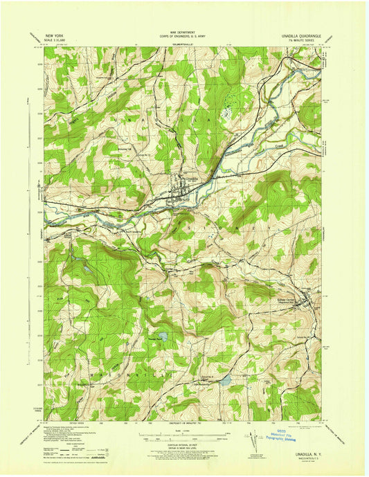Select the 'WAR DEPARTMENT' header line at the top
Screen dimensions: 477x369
[x=184, y=29]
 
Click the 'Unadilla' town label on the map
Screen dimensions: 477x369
[x=191, y=177]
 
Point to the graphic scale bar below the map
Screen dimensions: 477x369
[x=184, y=435]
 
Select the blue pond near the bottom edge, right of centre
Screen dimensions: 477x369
[x=224, y=379]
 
